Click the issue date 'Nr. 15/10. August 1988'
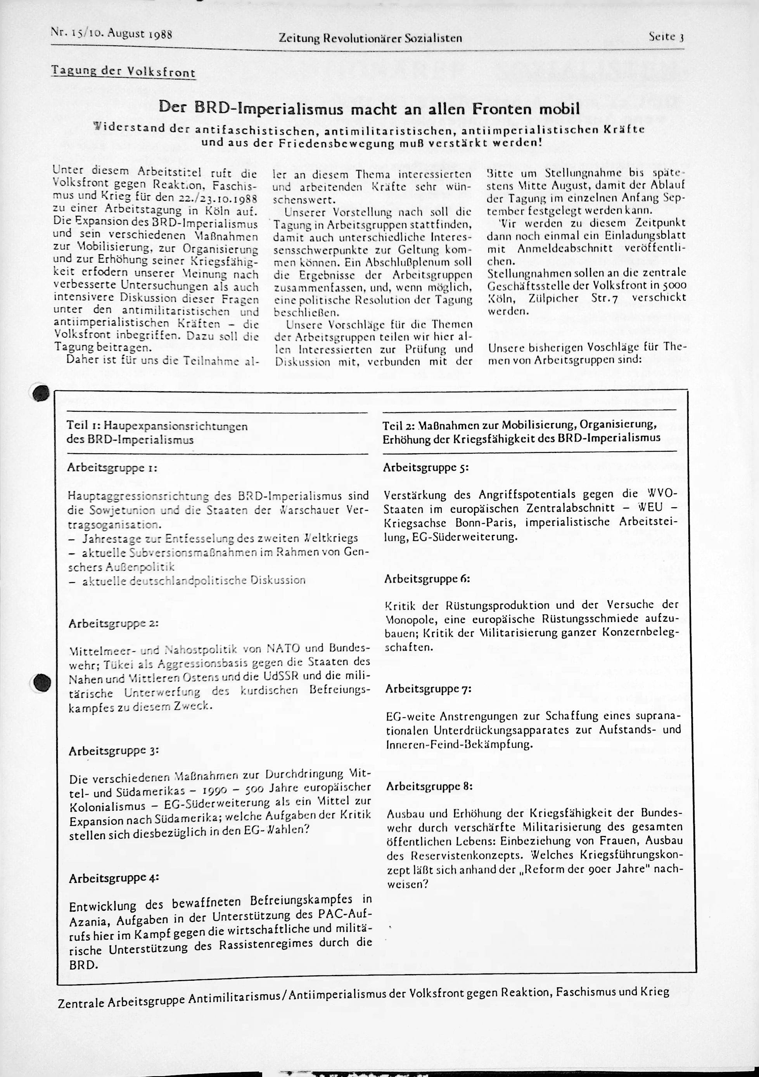tap(112, 33)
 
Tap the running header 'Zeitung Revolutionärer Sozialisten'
tap(370, 38)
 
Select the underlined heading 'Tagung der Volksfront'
tap(123, 72)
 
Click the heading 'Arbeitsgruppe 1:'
tap(112, 468)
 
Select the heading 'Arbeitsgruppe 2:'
tap(114, 624)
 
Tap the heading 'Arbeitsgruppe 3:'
tap(114, 751)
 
